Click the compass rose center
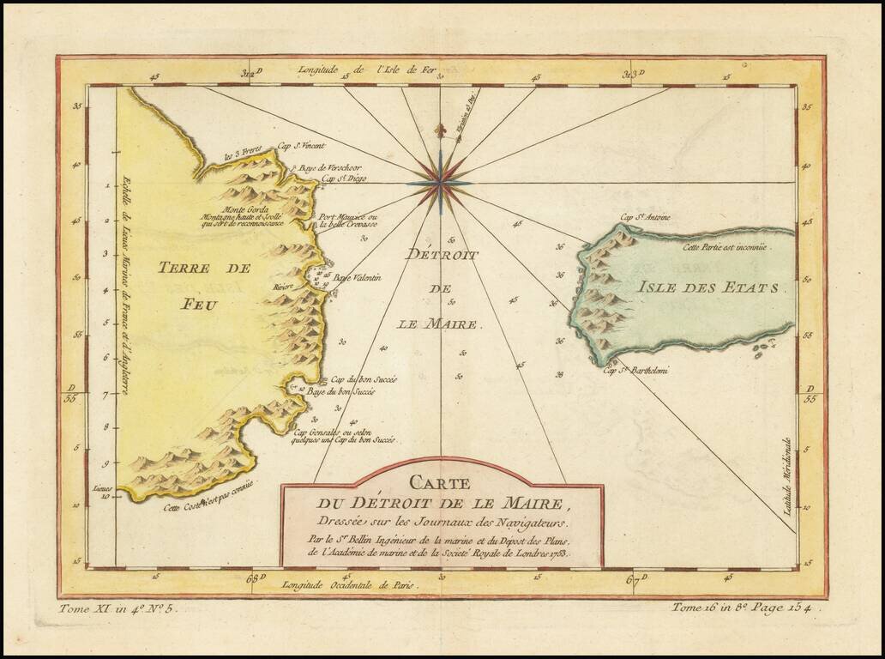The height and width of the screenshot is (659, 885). pyautogui.click(x=441, y=182)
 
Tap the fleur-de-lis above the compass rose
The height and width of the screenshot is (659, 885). pyautogui.click(x=441, y=131)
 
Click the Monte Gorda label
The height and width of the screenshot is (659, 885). pyautogui.click(x=244, y=210)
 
